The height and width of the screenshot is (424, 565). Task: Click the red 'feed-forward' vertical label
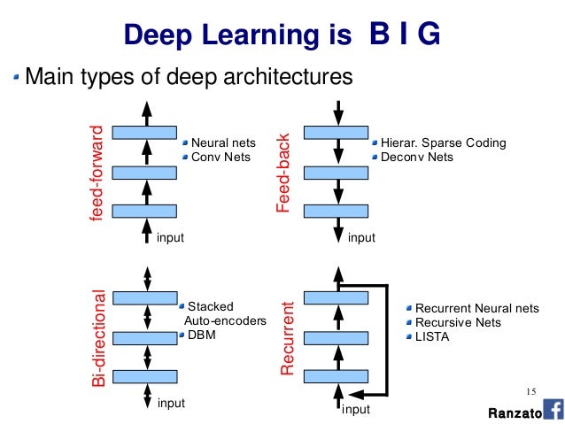click(97, 173)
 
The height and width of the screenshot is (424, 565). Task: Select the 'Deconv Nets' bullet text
click(416, 158)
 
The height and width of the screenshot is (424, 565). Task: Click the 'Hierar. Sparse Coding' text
click(443, 143)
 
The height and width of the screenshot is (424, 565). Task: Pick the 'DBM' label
click(201, 335)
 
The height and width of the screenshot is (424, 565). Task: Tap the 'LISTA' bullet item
click(432, 336)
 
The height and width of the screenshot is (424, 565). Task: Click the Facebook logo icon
click(553, 410)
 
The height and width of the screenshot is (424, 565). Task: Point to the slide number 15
click(531, 392)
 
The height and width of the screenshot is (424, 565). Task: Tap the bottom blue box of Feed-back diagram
click(337, 212)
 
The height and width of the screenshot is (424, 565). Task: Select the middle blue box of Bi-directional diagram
click(147, 337)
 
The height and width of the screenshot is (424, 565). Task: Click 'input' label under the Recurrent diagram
click(355, 410)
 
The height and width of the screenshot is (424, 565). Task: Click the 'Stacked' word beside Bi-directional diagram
click(209, 307)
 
